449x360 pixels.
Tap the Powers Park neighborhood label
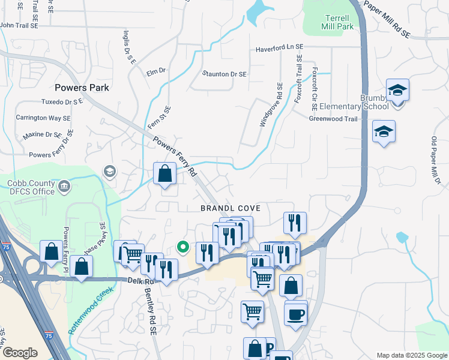[81, 88]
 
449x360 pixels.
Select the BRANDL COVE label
[231, 208]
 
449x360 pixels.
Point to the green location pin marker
[183, 246]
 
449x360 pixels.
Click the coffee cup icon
[296, 314]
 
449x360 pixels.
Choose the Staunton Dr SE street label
[224, 74]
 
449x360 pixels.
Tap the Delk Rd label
[139, 280]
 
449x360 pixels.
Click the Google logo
[20, 353]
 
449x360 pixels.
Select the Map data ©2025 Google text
[411, 355]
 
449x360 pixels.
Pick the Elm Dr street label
[155, 71]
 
